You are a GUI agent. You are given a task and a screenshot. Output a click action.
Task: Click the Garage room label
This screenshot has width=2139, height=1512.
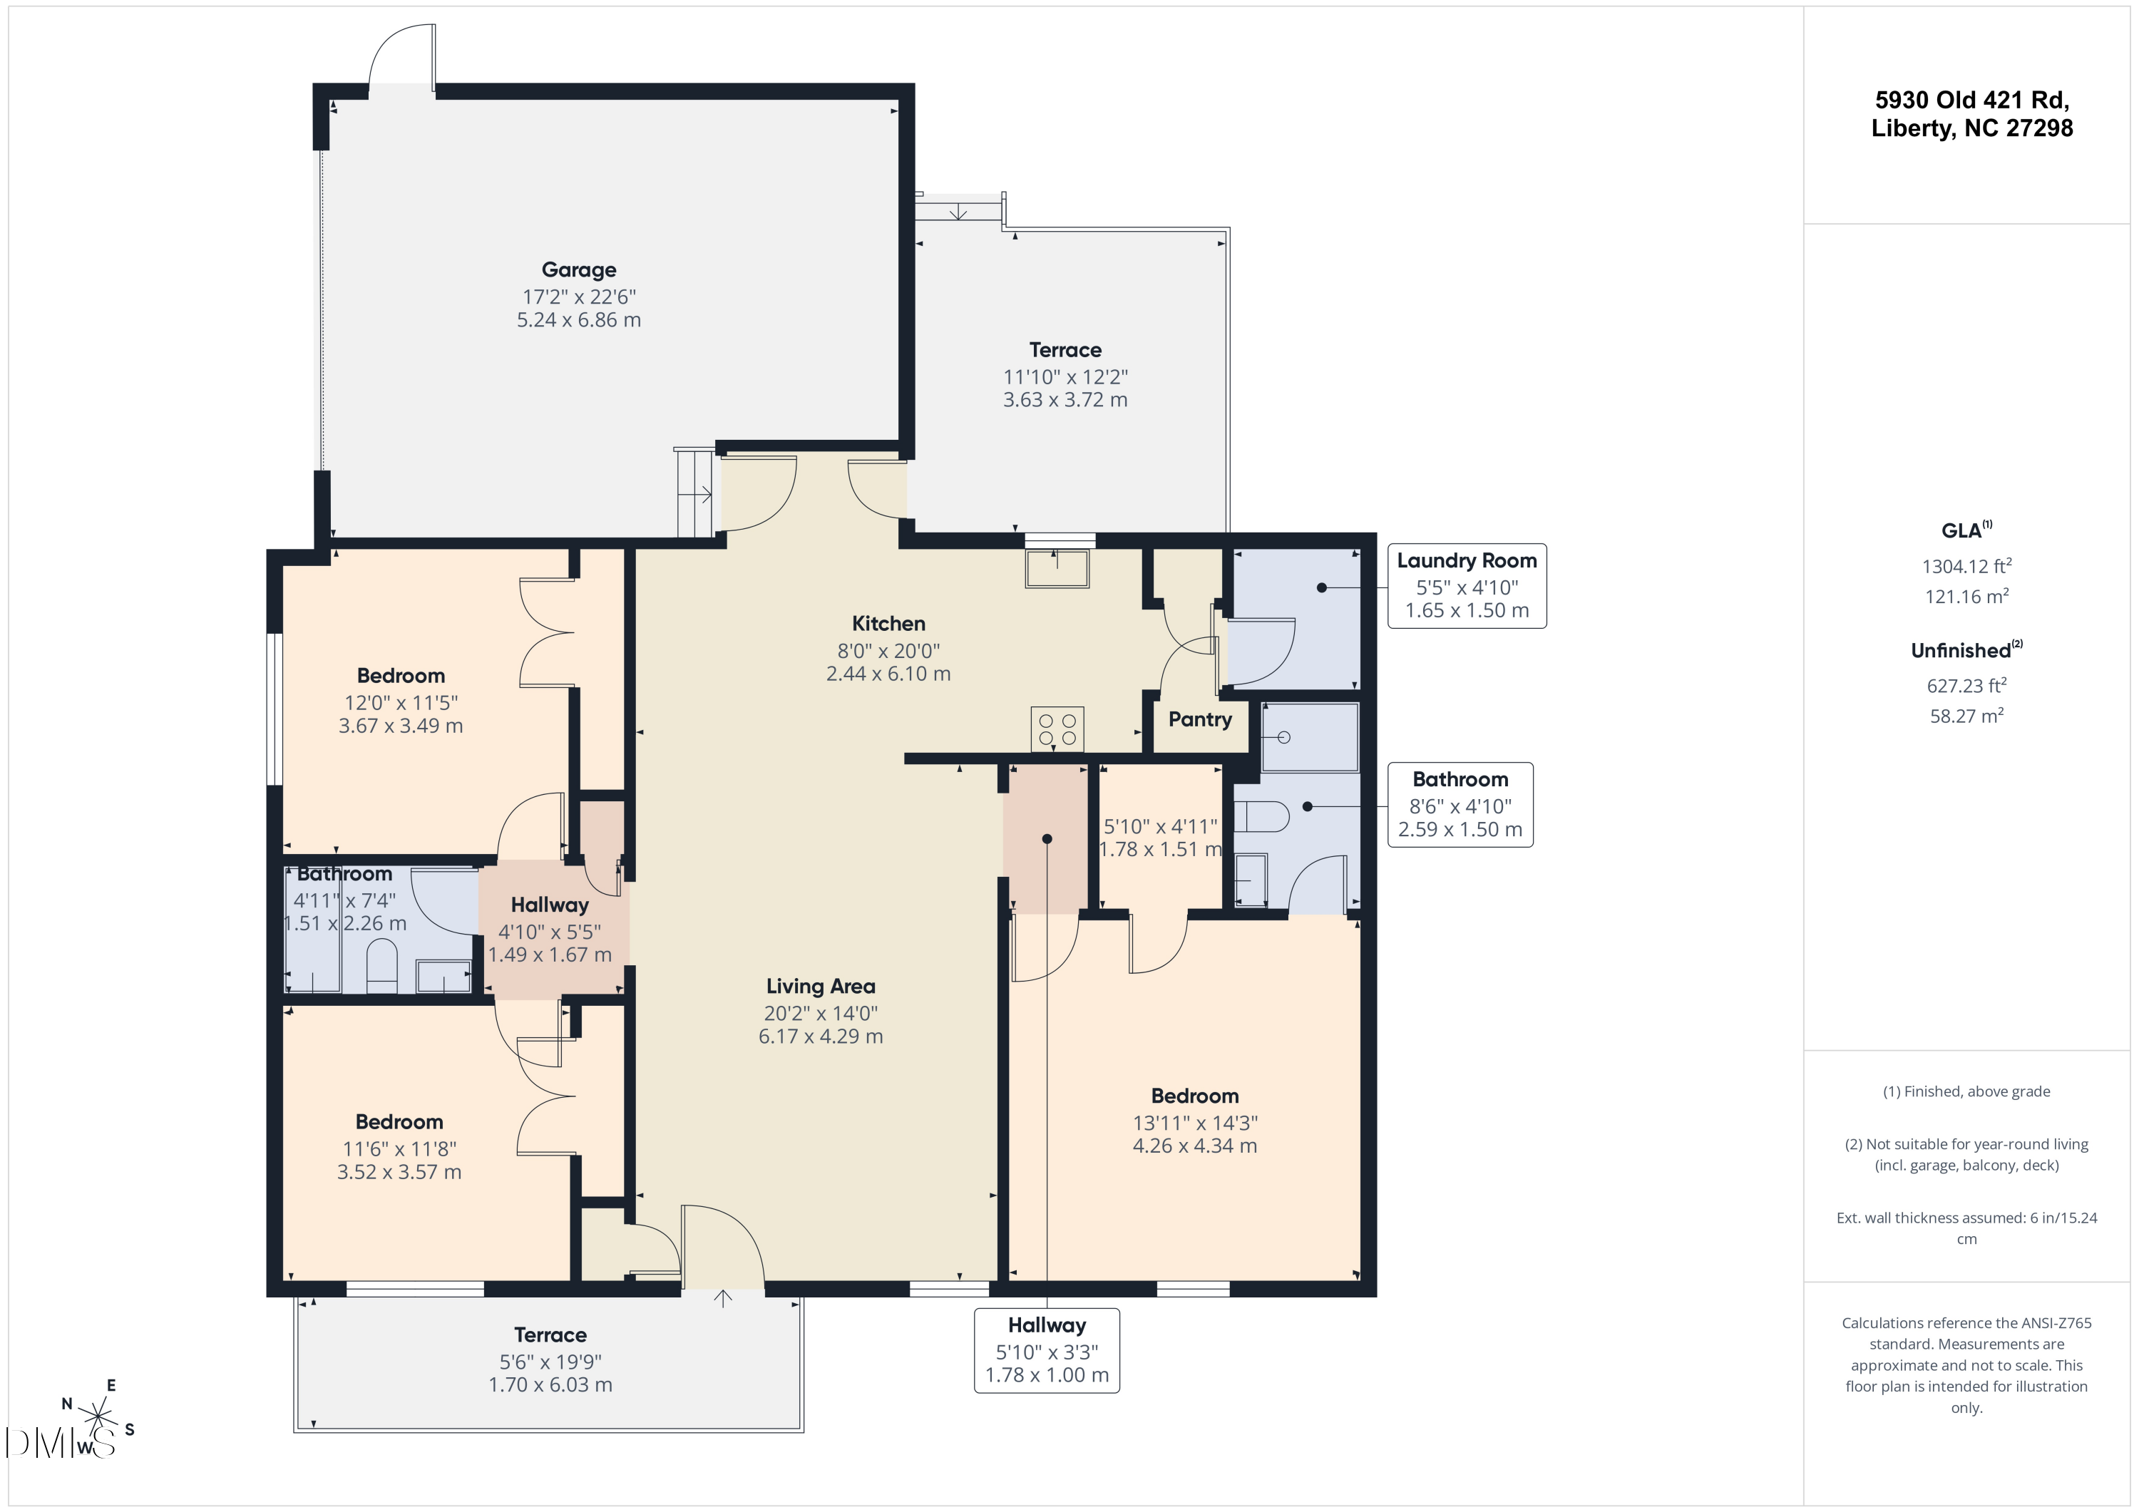578,270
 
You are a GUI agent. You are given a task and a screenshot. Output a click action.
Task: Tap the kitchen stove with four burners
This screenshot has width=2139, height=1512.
1057,729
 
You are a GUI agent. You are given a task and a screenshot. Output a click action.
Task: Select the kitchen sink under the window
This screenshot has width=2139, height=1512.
1057,568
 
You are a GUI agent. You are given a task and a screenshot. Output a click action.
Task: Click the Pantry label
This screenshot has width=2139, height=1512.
1200,719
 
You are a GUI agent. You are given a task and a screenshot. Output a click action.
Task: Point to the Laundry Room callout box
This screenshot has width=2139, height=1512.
1467,586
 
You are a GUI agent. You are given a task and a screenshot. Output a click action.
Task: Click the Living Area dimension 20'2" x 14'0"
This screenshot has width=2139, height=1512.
821,1014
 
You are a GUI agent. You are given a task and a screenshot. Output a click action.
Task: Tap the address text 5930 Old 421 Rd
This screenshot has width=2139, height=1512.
1972,100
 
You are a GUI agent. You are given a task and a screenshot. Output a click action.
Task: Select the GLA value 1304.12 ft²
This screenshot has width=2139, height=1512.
1966,565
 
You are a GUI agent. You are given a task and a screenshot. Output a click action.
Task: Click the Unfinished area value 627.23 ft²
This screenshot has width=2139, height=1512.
1966,685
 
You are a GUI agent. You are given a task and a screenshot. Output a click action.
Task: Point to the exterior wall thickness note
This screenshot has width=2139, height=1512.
1966,1228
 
